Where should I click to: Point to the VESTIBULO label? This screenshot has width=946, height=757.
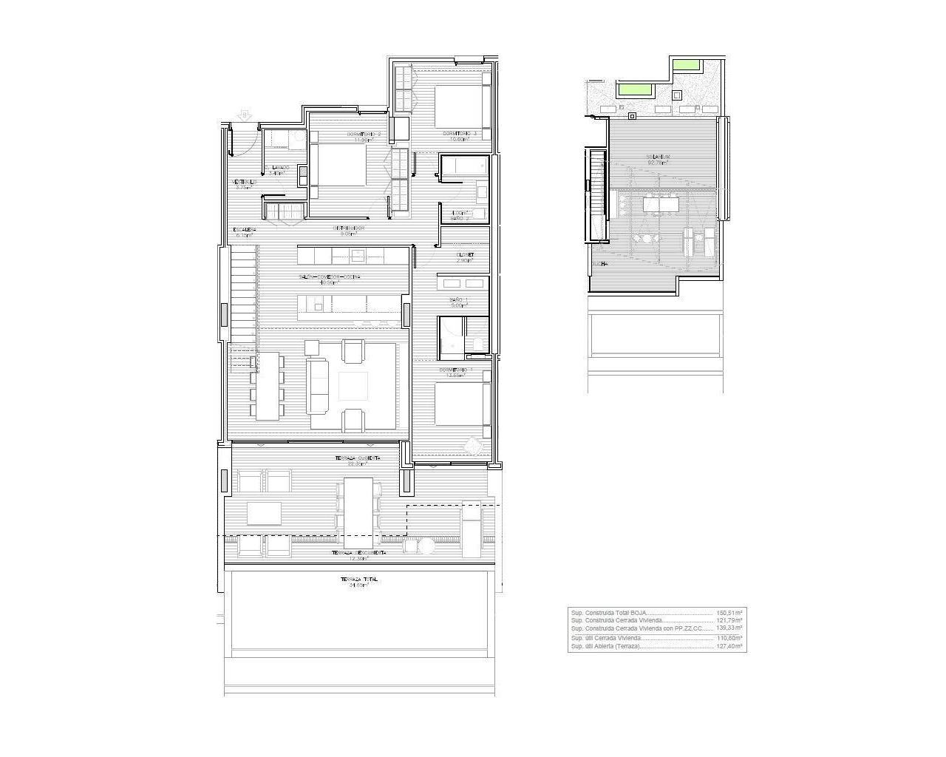click(243, 183)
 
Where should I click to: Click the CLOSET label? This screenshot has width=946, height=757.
click(465, 255)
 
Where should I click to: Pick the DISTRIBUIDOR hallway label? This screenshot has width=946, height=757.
click(349, 228)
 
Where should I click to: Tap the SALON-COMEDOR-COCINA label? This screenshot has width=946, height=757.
click(330, 277)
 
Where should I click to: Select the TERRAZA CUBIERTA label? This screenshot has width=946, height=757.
click(358, 458)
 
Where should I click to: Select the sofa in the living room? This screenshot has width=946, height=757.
click(318, 385)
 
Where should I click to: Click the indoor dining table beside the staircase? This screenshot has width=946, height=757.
click(267, 385)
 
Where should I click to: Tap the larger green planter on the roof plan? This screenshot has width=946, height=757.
click(636, 90)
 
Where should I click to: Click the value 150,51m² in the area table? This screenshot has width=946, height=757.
click(729, 613)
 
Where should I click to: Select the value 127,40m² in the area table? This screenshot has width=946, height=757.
click(729, 646)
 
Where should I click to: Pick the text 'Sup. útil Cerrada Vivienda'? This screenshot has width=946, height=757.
click(605, 638)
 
